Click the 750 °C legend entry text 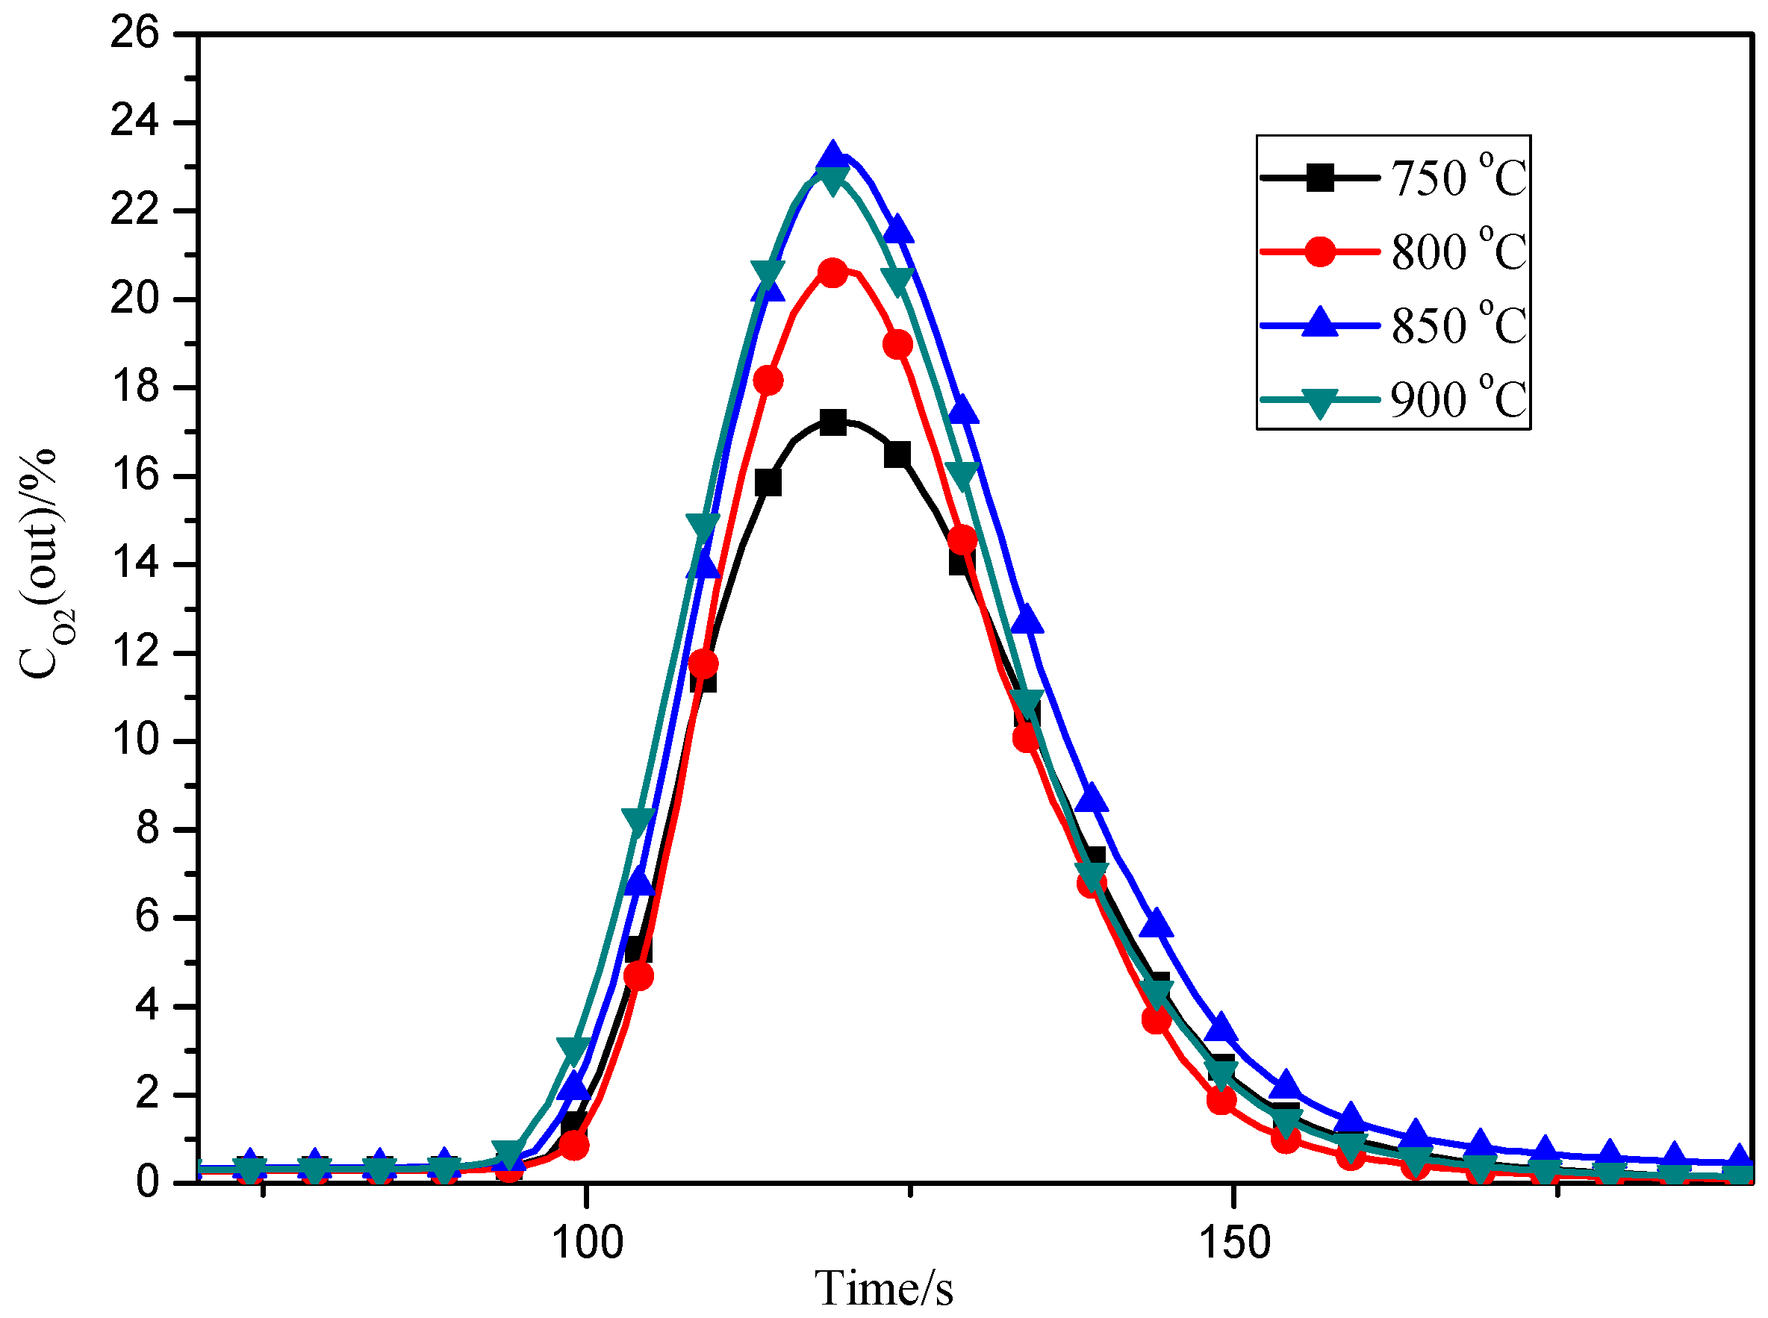click(1457, 177)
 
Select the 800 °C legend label click(1457, 252)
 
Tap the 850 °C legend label click(1457, 325)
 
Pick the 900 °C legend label click(1457, 399)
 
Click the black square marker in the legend click(1319, 177)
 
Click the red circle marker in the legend click(1319, 252)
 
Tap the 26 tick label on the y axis click(135, 34)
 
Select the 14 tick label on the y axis click(135, 564)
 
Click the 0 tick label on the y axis click(147, 1181)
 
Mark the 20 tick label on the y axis click(135, 299)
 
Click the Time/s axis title click(883, 1287)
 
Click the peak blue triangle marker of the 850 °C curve click(832, 154)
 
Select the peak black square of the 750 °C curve click(832, 422)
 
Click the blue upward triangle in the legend click(1319, 323)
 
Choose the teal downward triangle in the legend click(1319, 402)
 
